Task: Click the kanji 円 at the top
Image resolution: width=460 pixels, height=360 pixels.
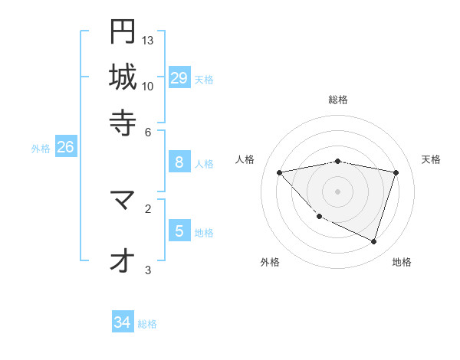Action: tap(123, 32)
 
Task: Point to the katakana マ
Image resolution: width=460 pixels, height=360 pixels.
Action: tap(123, 201)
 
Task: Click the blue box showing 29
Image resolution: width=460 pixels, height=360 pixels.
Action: tap(179, 77)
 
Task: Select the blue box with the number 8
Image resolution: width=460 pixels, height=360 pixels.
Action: tap(179, 162)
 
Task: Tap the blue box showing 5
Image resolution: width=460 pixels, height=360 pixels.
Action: tap(179, 231)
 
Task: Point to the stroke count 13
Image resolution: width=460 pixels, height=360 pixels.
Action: tap(148, 40)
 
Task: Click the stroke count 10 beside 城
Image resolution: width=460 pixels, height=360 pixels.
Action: tap(148, 86)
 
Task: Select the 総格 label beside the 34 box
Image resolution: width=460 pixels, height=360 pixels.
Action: tap(148, 324)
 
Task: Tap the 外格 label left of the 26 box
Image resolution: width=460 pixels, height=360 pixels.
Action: tap(41, 149)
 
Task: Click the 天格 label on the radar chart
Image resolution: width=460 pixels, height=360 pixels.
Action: tap(431, 159)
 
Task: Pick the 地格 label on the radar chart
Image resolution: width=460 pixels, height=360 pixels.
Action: tap(402, 262)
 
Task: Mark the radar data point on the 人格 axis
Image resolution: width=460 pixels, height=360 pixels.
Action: tap(280, 172)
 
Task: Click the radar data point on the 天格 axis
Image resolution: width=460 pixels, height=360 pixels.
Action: tap(396, 172)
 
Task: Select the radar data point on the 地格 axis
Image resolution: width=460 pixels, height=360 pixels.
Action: tap(373, 241)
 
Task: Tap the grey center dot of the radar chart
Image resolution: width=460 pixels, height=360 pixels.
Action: tap(338, 191)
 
